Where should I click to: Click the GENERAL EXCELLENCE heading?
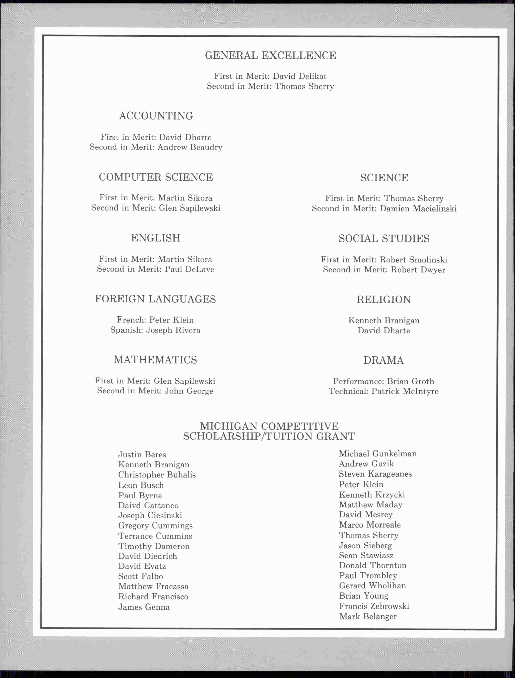click(x=270, y=55)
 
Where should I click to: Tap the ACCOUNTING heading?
click(x=156, y=116)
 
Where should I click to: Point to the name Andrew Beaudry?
click(x=190, y=147)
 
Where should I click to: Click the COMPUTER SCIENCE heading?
click(x=156, y=177)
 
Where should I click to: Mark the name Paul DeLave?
click(x=189, y=269)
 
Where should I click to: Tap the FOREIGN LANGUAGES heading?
click(x=155, y=299)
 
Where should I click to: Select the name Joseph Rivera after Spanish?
click(x=173, y=330)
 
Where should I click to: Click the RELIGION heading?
click(x=384, y=300)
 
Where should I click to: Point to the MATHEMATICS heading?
click(x=155, y=360)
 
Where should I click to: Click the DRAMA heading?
click(x=383, y=360)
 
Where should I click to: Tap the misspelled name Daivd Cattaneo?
click(x=148, y=505)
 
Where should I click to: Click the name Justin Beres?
click(x=142, y=455)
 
